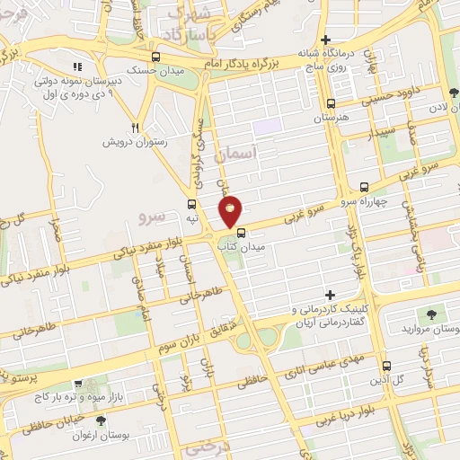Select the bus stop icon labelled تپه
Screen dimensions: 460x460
[192, 204]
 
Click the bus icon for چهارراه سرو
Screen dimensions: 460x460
[363, 188]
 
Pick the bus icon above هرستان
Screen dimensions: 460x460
[332, 103]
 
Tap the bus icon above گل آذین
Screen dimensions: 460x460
[386, 367]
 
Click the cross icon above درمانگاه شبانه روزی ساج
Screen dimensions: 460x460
[325, 40]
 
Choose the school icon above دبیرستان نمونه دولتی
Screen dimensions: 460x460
[78, 66]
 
